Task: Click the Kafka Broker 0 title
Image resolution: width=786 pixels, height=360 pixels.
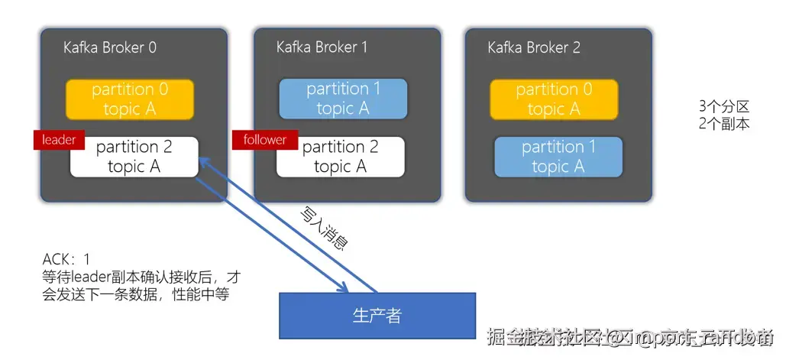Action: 110,47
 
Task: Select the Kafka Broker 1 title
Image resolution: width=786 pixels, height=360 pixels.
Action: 322,47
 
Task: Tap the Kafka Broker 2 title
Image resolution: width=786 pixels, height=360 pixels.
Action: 534,47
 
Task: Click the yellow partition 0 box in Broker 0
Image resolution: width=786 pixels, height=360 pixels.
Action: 130,99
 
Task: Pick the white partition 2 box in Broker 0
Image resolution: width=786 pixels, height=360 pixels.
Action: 134,157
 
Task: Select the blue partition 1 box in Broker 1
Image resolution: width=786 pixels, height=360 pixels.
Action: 343,99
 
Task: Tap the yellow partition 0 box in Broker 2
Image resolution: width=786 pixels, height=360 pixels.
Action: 554,99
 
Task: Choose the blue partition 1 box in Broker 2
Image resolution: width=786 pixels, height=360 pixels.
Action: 558,157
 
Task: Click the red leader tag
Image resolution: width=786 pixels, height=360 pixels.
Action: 58,140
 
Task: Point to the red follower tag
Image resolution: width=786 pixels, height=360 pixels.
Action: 264,140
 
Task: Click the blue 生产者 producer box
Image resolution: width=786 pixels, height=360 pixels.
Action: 377,316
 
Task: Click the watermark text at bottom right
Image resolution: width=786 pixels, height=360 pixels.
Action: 631,336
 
